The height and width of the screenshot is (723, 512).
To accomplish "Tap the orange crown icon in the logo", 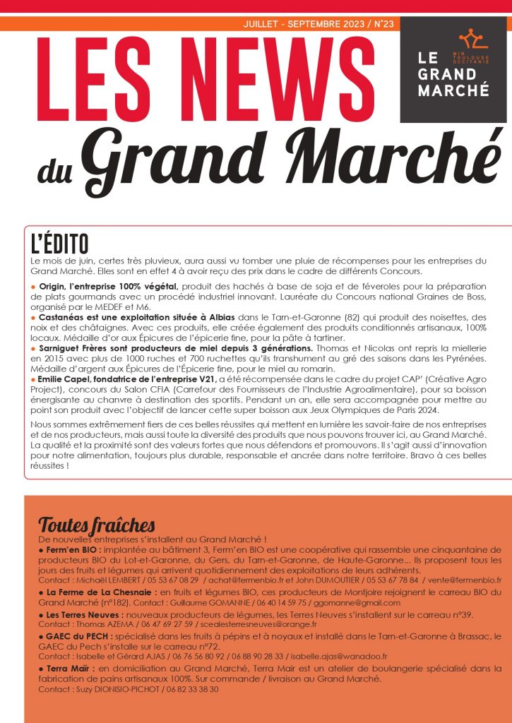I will [x=468, y=37].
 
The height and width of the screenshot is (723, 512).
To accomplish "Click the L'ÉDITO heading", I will [x=60, y=243].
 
